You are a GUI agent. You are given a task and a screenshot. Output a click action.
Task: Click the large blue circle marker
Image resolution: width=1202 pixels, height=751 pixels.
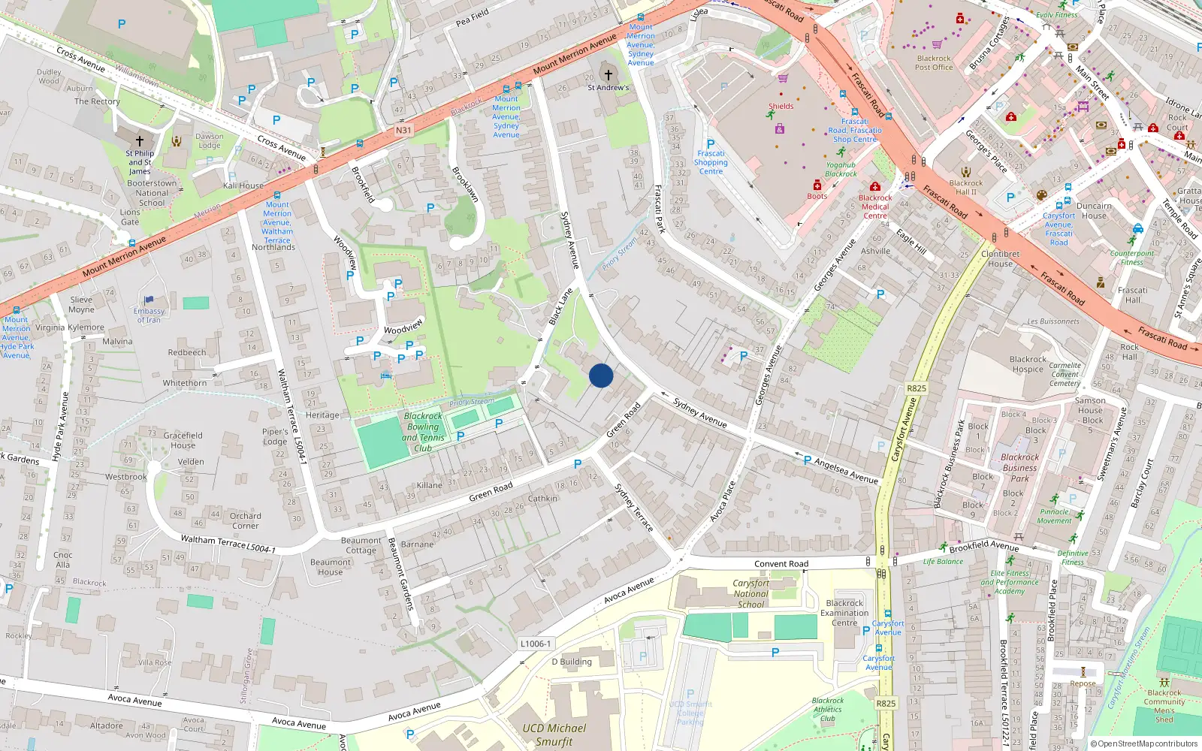coord(601,375)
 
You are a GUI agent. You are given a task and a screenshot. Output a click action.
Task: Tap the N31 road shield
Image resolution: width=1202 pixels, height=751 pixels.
coord(403,130)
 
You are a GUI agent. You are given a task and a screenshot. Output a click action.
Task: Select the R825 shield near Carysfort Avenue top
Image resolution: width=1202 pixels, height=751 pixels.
coord(917,388)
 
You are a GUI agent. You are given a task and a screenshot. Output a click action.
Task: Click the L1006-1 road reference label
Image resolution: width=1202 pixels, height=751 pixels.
coord(536,644)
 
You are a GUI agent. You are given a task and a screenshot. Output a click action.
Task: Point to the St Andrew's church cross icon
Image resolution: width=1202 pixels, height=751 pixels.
coord(609,75)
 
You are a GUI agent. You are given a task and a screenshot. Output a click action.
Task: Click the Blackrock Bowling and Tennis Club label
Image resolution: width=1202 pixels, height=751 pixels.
coord(424,432)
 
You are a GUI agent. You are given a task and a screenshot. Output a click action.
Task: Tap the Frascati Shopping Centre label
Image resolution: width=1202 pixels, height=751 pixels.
coord(711,162)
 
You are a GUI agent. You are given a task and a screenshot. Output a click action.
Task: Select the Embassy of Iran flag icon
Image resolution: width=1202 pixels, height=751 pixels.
coord(149,300)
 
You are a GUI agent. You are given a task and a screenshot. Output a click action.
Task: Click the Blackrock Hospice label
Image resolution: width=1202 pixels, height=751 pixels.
coord(1027,364)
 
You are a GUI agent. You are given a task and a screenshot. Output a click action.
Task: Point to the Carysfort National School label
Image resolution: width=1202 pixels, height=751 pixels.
coord(750,593)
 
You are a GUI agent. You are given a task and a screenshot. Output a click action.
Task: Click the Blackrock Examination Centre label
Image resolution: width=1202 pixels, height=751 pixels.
coord(844,613)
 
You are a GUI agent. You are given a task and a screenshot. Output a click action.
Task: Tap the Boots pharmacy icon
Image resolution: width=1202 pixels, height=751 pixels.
coord(817,185)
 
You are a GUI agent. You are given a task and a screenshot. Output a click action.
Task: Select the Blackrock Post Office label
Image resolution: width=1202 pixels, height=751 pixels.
coord(934,63)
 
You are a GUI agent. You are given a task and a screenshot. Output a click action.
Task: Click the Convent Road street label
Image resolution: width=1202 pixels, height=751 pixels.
coord(781,564)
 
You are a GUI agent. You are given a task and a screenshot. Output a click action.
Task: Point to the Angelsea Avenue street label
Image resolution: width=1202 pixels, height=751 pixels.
coord(846,471)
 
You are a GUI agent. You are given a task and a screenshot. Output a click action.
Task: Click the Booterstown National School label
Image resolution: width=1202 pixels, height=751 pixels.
coord(152,193)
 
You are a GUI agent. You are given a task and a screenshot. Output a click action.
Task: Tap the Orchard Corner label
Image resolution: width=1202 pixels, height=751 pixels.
coord(245,520)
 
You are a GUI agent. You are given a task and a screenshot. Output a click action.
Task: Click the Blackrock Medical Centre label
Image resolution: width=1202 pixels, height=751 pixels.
coord(875,207)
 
